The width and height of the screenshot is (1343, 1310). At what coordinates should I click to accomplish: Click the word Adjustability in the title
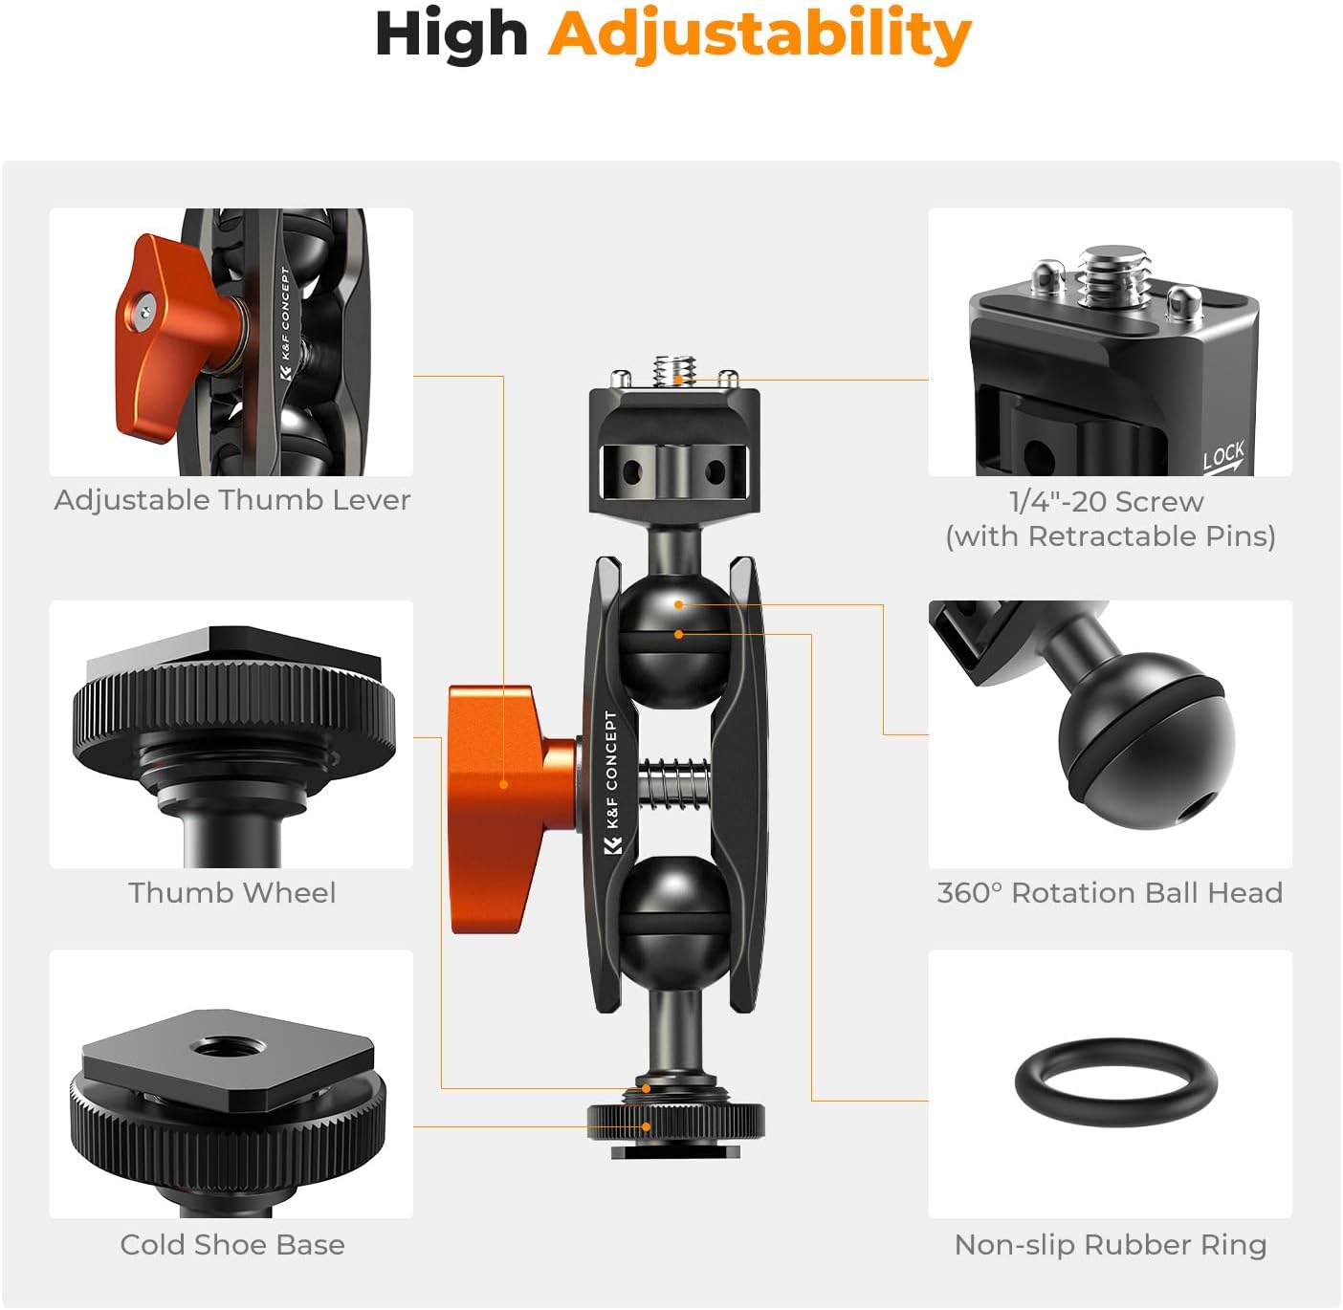[x=760, y=35]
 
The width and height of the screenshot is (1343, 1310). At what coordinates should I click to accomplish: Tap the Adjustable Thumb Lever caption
[x=231, y=500]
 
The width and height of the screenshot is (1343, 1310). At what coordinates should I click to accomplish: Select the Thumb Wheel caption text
[x=231, y=892]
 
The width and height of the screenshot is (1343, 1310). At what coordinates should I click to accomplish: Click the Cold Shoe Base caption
[x=231, y=1244]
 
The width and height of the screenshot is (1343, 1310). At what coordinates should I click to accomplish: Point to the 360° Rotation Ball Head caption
[x=1110, y=892]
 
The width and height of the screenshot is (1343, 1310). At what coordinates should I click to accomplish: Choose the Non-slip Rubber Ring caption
[x=1110, y=1244]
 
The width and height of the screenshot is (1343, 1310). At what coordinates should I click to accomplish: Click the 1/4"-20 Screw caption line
[x=1106, y=501]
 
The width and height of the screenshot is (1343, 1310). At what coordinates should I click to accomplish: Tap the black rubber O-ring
[x=1115, y=1052]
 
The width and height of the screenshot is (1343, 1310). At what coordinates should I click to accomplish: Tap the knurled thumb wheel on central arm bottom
[x=675, y=1119]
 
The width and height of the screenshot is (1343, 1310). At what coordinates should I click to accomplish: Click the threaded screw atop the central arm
[x=675, y=368]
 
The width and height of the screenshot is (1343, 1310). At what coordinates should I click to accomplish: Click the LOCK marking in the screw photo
[x=1222, y=455]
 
